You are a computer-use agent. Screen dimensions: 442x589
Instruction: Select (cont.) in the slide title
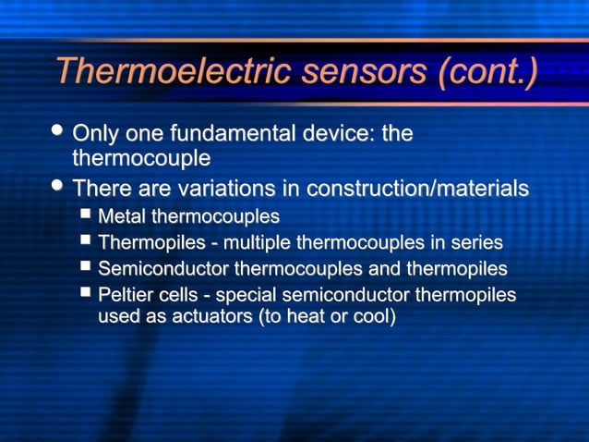[488, 71]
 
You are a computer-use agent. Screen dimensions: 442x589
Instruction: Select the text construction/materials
[417, 189]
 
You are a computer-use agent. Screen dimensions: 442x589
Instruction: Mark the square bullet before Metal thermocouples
[86, 215]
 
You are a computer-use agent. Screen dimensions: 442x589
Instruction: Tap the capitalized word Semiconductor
[163, 269]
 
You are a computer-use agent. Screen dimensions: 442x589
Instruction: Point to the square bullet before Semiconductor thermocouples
[86, 267]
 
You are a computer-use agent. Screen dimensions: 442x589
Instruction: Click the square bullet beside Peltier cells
[86, 293]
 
